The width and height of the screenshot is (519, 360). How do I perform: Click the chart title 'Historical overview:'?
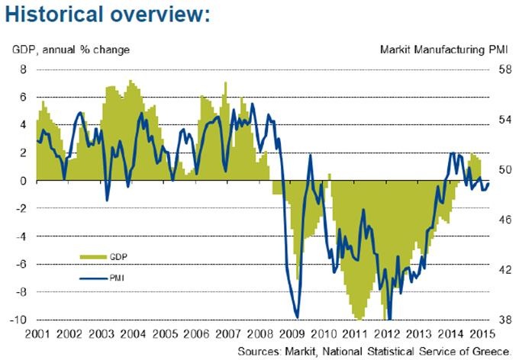tap(106, 14)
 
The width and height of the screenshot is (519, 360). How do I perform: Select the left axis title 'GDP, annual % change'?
tap(70, 50)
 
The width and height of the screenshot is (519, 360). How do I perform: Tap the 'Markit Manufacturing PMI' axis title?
tap(443, 50)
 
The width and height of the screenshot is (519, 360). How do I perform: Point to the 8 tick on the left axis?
tap(23, 69)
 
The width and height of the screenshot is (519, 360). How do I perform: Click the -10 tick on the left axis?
tap(18, 320)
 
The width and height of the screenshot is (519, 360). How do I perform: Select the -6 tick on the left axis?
tap(21, 264)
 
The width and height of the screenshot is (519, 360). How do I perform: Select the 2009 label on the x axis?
tap(292, 333)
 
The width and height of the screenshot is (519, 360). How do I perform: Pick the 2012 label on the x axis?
tap(387, 333)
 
